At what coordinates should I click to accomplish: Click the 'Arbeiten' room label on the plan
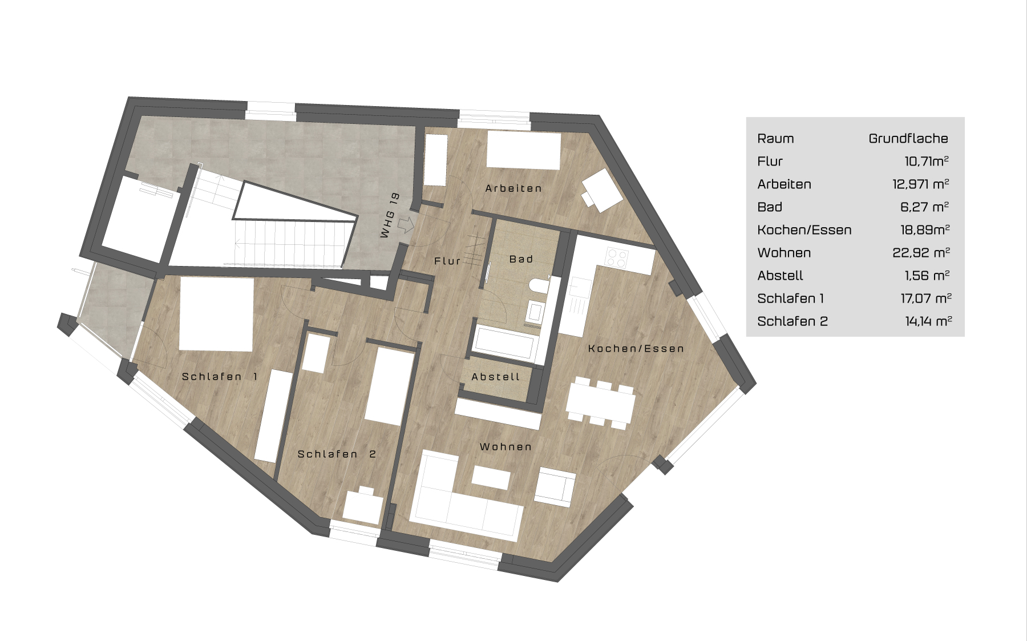pos(513,188)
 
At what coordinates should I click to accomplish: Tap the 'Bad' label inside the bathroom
pos(521,259)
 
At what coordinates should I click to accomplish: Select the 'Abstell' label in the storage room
pos(496,377)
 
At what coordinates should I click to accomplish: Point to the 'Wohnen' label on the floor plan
pos(506,447)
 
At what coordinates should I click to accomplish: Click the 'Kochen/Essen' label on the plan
pos(636,349)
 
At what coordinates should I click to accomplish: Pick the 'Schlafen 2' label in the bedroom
pos(337,454)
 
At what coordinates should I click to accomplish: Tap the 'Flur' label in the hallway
pos(447,261)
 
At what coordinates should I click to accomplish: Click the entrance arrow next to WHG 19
pos(406,224)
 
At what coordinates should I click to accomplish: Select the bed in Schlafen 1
pos(216,315)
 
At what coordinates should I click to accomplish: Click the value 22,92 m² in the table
pos(921,252)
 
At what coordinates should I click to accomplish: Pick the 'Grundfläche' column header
pos(908,138)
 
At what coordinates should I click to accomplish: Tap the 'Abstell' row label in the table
pos(780,276)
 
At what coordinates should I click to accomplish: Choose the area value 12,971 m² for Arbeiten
pos(920,184)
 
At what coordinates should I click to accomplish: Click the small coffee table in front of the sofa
pos(491,477)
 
